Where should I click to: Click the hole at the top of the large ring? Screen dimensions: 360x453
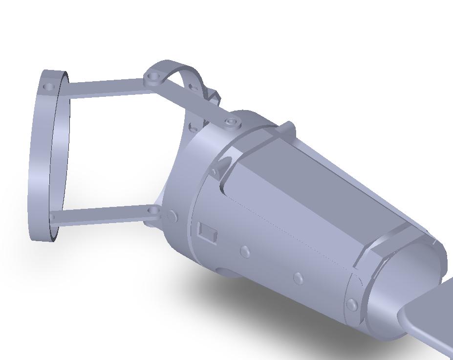pos(48,87)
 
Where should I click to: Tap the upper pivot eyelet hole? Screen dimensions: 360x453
pos(154,77)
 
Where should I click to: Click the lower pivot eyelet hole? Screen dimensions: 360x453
pos(154,211)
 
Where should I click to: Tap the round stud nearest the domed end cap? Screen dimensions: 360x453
pos(351,304)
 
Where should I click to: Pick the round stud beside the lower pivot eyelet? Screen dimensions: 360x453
pos(172,215)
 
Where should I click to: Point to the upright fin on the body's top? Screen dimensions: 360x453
pos(288,128)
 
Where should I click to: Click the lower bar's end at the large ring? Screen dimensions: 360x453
pos(53,218)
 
